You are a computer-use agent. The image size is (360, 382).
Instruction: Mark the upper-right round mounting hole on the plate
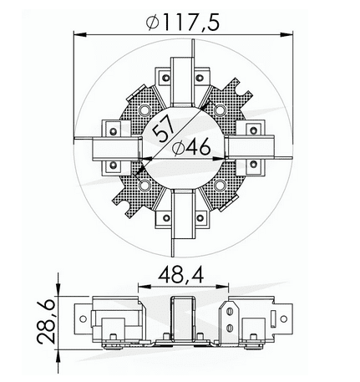(x=220, y=110)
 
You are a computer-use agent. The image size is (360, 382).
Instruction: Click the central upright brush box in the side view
(x=182, y=316)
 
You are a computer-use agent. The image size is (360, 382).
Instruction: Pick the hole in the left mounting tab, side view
(x=83, y=318)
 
